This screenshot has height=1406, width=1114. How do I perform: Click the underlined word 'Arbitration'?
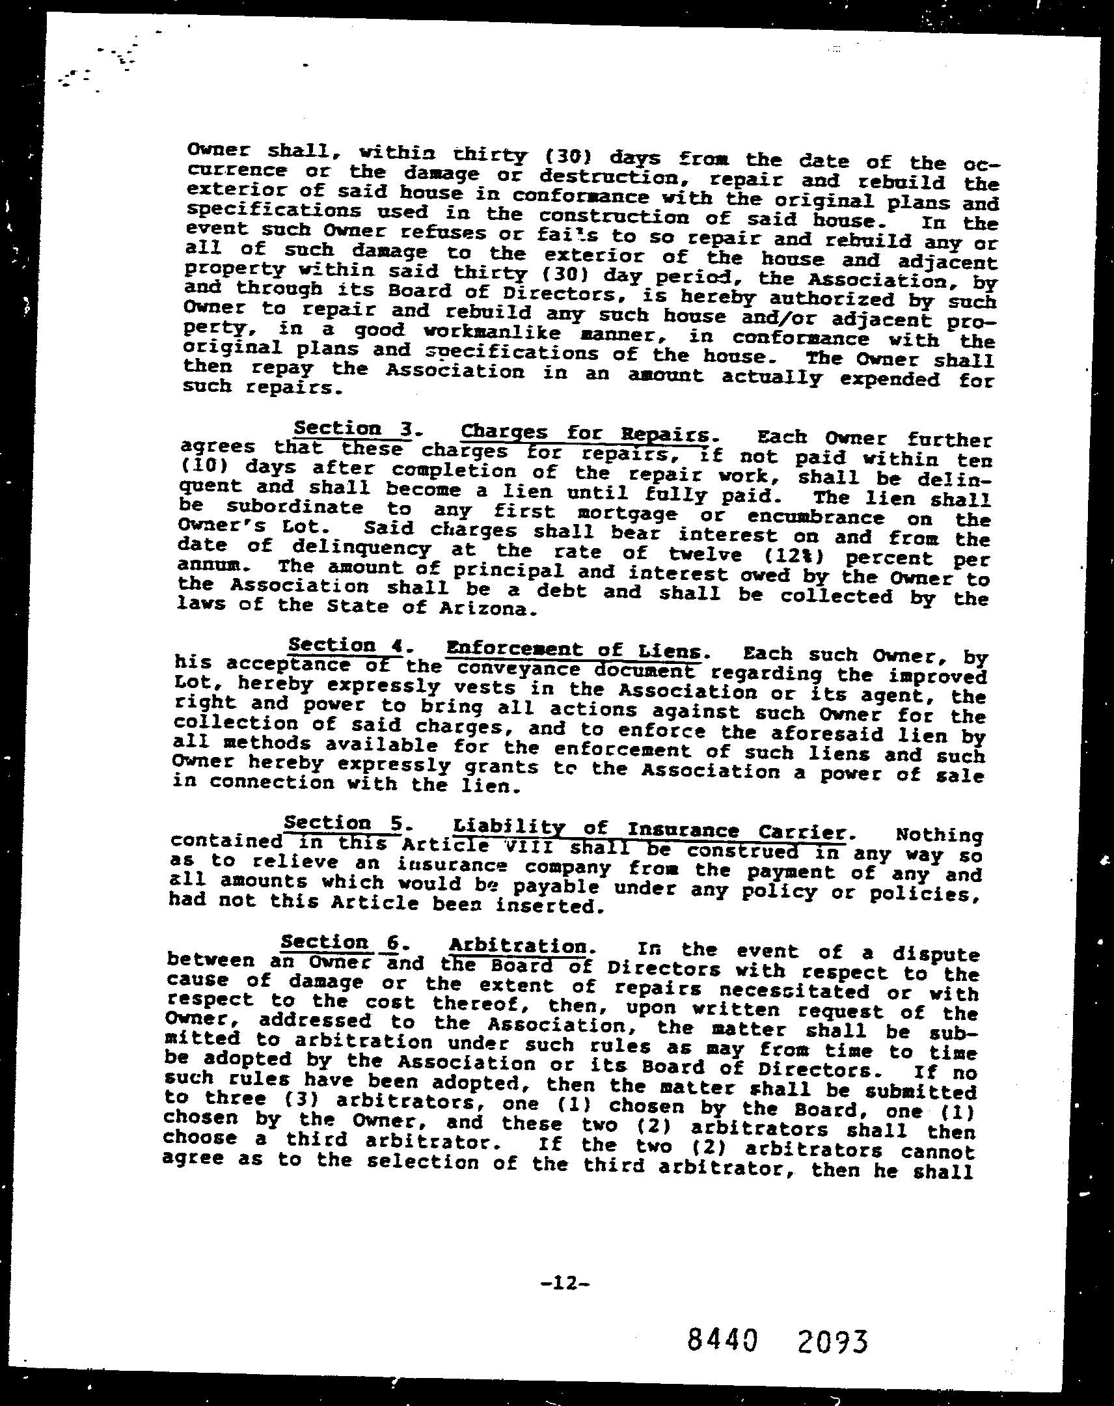[x=517, y=946]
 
